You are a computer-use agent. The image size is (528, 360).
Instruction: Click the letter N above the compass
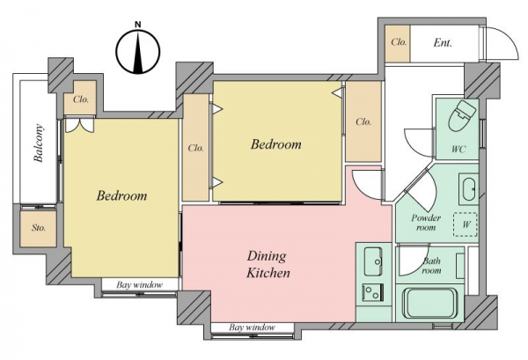coord(138,25)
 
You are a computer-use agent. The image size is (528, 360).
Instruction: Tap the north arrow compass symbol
coord(138,52)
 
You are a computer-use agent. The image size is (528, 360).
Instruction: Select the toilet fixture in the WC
coord(462,114)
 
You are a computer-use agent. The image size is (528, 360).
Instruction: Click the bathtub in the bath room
coord(429,303)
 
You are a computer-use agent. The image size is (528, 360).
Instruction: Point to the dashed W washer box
coord(466,224)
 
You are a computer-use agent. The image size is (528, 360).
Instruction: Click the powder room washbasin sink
coord(469,189)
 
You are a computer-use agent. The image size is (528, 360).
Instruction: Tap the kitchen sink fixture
coord(373,261)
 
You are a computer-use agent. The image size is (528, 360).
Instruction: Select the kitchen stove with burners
coord(373,292)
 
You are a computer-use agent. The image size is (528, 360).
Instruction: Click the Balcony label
coord(39,143)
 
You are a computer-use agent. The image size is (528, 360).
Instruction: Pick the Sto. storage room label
coord(39,228)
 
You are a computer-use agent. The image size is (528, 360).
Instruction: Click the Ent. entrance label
coord(443,43)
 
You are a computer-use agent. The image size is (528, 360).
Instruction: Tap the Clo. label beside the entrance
coord(399,42)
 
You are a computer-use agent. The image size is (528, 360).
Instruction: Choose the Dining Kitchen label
coord(268,264)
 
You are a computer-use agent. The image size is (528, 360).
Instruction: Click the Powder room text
coord(426,223)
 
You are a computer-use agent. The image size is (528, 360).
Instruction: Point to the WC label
coord(458,149)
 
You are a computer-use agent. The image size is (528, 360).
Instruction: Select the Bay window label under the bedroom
coord(139,285)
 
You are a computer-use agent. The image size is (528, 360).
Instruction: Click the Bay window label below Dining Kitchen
coord(252,327)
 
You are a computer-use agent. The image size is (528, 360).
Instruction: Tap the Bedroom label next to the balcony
coord(121,195)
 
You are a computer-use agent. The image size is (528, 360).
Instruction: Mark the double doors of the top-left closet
coord(79,124)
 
